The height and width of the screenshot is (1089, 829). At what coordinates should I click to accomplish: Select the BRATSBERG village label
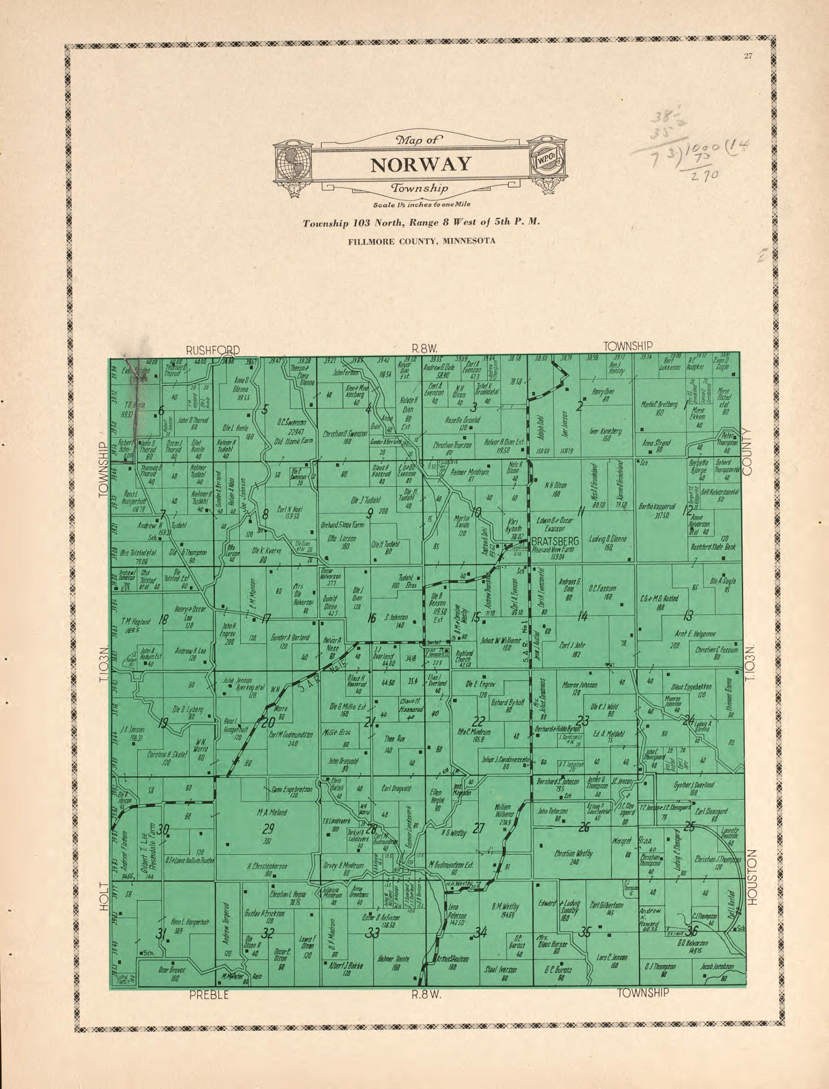555,542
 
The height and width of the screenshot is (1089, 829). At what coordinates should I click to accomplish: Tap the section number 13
688,615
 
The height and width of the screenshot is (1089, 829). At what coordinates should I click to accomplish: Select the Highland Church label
464,656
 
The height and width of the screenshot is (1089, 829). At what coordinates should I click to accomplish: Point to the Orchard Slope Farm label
342,525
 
